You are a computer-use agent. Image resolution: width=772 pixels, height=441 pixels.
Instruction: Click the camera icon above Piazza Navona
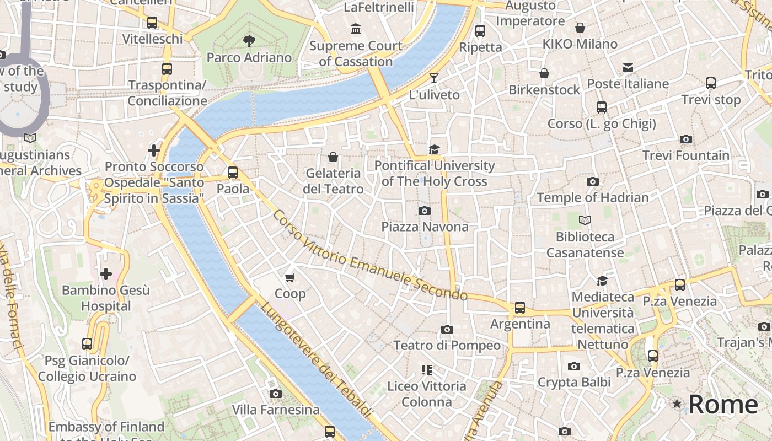(x=424, y=211)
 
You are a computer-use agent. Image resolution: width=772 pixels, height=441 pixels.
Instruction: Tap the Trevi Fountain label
(x=685, y=155)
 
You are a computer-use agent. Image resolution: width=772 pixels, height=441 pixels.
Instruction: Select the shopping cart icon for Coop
(x=290, y=277)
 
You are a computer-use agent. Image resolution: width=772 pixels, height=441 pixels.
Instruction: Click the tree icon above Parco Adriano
(x=249, y=41)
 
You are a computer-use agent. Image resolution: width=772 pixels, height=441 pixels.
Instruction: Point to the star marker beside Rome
(x=677, y=404)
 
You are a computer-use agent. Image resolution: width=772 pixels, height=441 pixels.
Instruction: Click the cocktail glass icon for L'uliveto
(x=434, y=78)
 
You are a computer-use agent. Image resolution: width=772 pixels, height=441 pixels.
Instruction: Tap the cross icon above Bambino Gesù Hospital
(x=105, y=273)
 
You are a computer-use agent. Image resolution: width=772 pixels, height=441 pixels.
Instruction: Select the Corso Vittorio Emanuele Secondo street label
(x=369, y=255)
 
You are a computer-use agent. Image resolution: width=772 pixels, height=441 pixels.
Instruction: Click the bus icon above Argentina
(x=520, y=308)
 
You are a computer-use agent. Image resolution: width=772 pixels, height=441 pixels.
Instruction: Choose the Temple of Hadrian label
(x=592, y=197)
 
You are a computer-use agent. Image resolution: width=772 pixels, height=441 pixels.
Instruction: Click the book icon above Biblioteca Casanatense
(x=585, y=220)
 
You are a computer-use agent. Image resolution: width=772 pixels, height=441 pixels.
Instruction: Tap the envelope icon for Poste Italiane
(x=628, y=68)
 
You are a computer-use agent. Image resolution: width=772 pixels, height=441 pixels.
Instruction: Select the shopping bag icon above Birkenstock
(x=544, y=73)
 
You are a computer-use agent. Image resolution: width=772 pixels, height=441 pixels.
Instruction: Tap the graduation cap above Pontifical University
(x=435, y=149)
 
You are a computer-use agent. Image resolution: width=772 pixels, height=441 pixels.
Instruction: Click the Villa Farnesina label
(x=275, y=410)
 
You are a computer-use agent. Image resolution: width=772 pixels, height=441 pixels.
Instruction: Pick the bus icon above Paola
(x=233, y=173)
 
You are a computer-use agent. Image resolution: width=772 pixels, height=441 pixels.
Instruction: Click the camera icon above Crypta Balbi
(x=573, y=366)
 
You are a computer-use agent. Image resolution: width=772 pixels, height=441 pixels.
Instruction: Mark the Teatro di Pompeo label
(x=447, y=346)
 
